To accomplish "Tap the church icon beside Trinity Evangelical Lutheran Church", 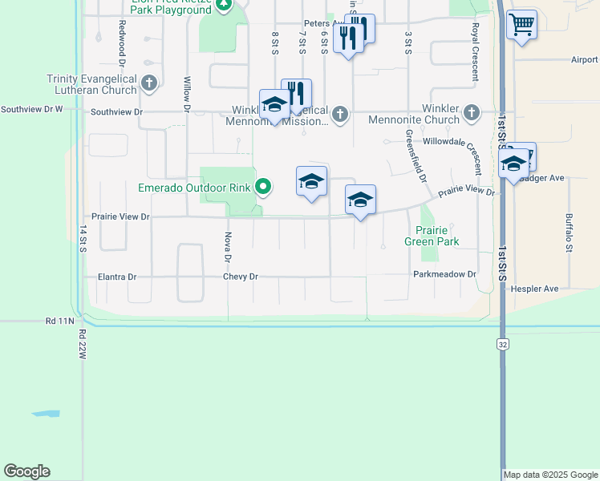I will [x=148, y=83].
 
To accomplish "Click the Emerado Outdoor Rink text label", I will [x=194, y=188].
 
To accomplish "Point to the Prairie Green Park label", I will [x=431, y=235].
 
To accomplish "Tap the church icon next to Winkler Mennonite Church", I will [x=471, y=113].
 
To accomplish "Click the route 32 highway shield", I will [x=502, y=343].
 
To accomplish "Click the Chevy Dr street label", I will [x=241, y=277].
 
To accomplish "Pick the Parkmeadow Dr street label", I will [x=444, y=274].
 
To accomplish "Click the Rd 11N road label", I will [x=60, y=321].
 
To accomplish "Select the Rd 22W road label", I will [x=82, y=346].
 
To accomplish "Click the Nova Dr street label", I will [x=228, y=247].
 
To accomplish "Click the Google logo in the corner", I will [x=26, y=471].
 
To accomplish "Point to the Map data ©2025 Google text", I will [x=551, y=475].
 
